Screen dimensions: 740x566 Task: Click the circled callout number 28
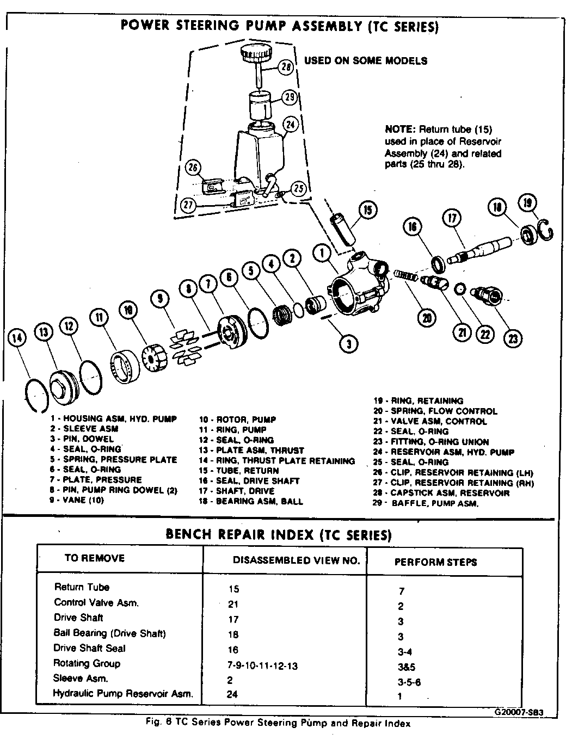287,67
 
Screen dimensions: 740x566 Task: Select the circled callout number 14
17,338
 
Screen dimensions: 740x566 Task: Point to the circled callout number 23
512,338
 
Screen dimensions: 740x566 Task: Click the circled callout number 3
348,343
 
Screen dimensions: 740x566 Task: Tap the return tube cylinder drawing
343,231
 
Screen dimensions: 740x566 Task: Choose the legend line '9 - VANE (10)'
76,500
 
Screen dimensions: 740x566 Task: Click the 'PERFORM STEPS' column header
435,562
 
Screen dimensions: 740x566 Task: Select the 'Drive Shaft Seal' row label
89,648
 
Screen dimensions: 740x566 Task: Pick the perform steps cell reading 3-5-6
410,682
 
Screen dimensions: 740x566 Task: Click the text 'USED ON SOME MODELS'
366,61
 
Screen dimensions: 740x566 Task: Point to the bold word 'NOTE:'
400,129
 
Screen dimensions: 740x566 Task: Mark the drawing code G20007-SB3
519,712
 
